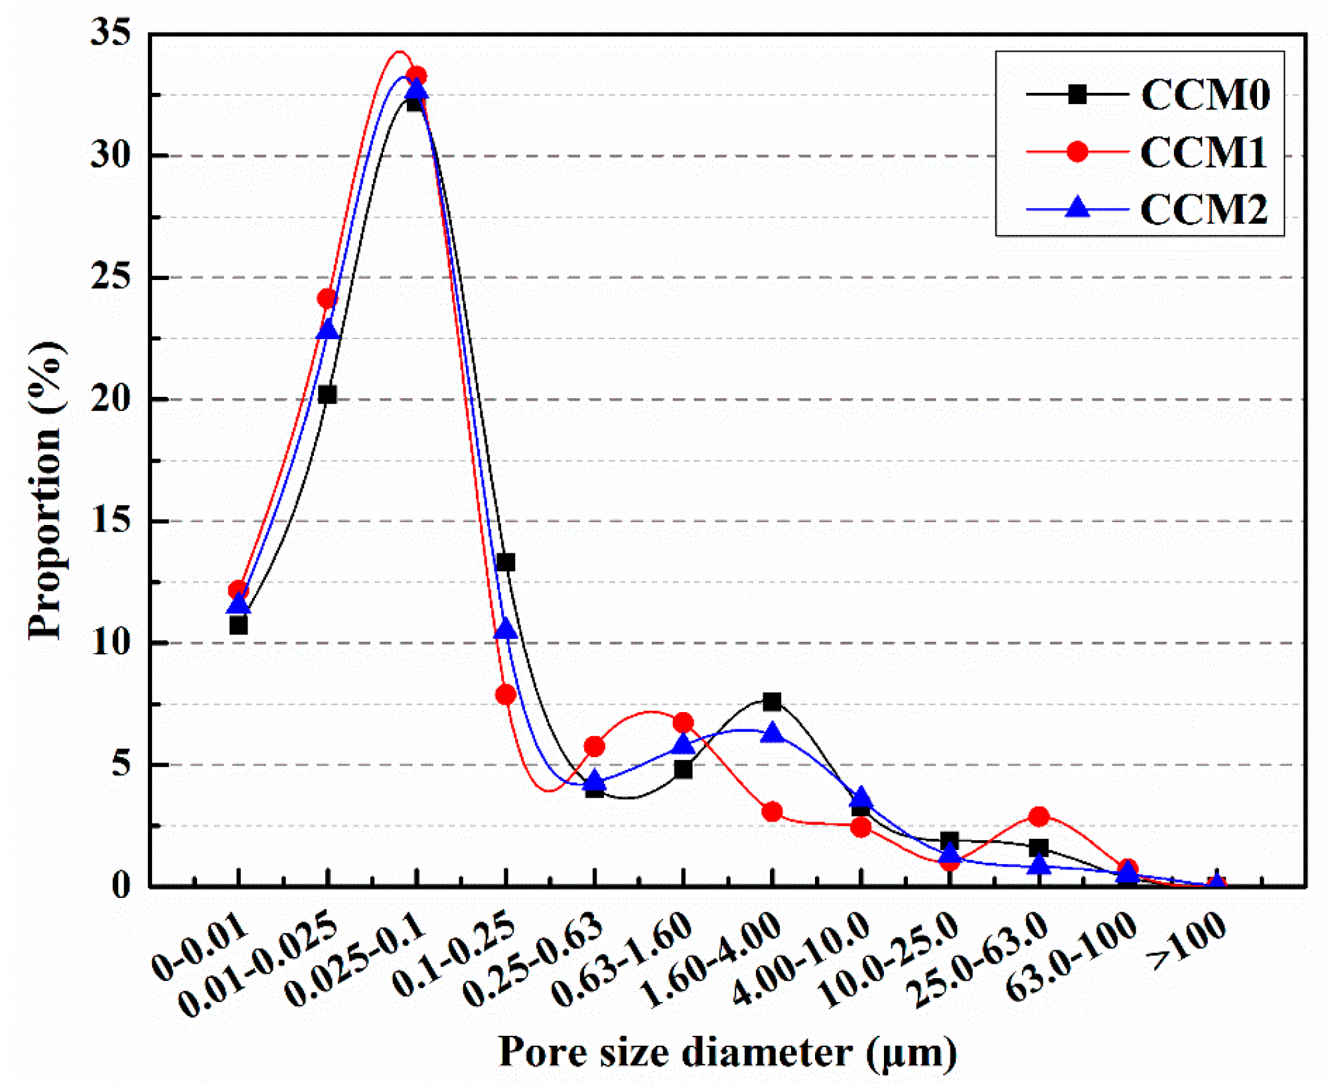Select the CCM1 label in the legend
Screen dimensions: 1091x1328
(x=1203, y=152)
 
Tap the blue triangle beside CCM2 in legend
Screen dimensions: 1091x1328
(x=1077, y=208)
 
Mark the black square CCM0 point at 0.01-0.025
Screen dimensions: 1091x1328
(x=327, y=395)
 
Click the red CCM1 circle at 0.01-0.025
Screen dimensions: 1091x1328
(x=327, y=299)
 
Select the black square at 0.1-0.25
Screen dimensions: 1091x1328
(x=505, y=563)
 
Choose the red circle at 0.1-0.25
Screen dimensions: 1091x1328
(x=505, y=695)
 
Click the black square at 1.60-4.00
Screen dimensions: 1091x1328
(x=772, y=701)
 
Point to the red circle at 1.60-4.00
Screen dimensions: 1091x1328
(x=772, y=812)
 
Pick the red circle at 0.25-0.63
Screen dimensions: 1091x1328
(x=594, y=747)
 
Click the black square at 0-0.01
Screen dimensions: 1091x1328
(x=238, y=626)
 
